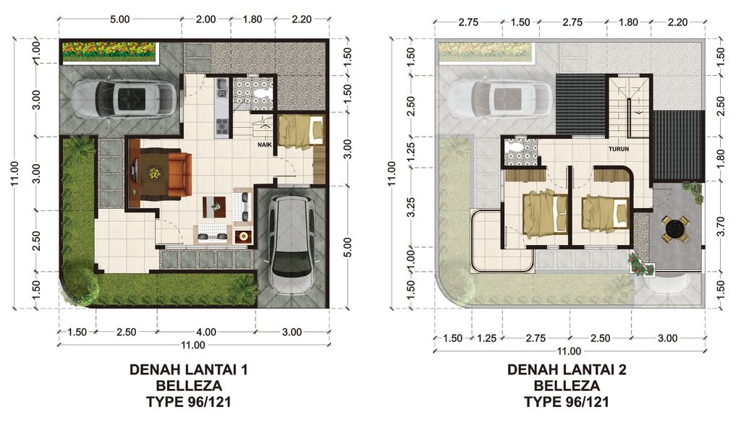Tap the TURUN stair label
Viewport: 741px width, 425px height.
619,150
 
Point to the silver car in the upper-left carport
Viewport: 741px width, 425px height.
124,98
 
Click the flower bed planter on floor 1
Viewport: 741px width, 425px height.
109,50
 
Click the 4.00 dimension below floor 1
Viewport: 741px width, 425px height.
206,332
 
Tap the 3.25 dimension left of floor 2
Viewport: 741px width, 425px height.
410,210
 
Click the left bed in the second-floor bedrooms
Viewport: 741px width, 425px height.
541,214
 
